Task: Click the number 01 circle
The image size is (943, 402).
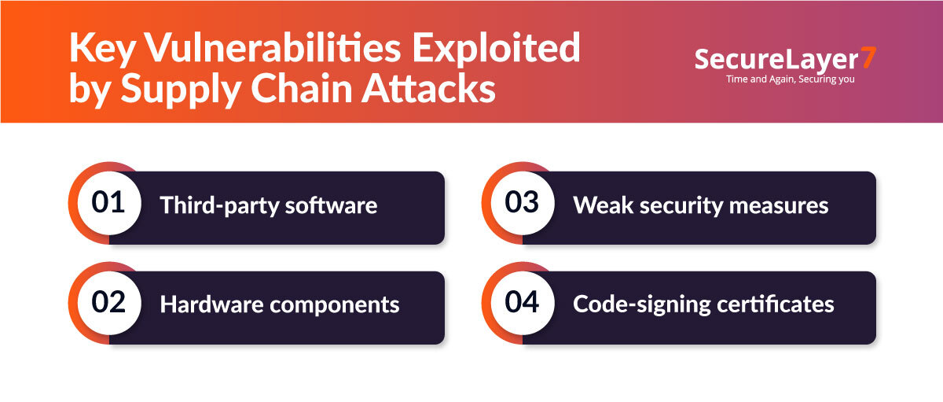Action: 108,203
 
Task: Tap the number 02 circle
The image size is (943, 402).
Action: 108,303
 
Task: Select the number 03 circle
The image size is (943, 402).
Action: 522,203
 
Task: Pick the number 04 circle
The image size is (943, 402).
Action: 522,303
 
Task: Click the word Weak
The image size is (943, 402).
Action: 600,206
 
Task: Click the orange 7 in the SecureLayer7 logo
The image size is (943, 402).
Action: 866,58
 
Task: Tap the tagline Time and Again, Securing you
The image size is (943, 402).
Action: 791,79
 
